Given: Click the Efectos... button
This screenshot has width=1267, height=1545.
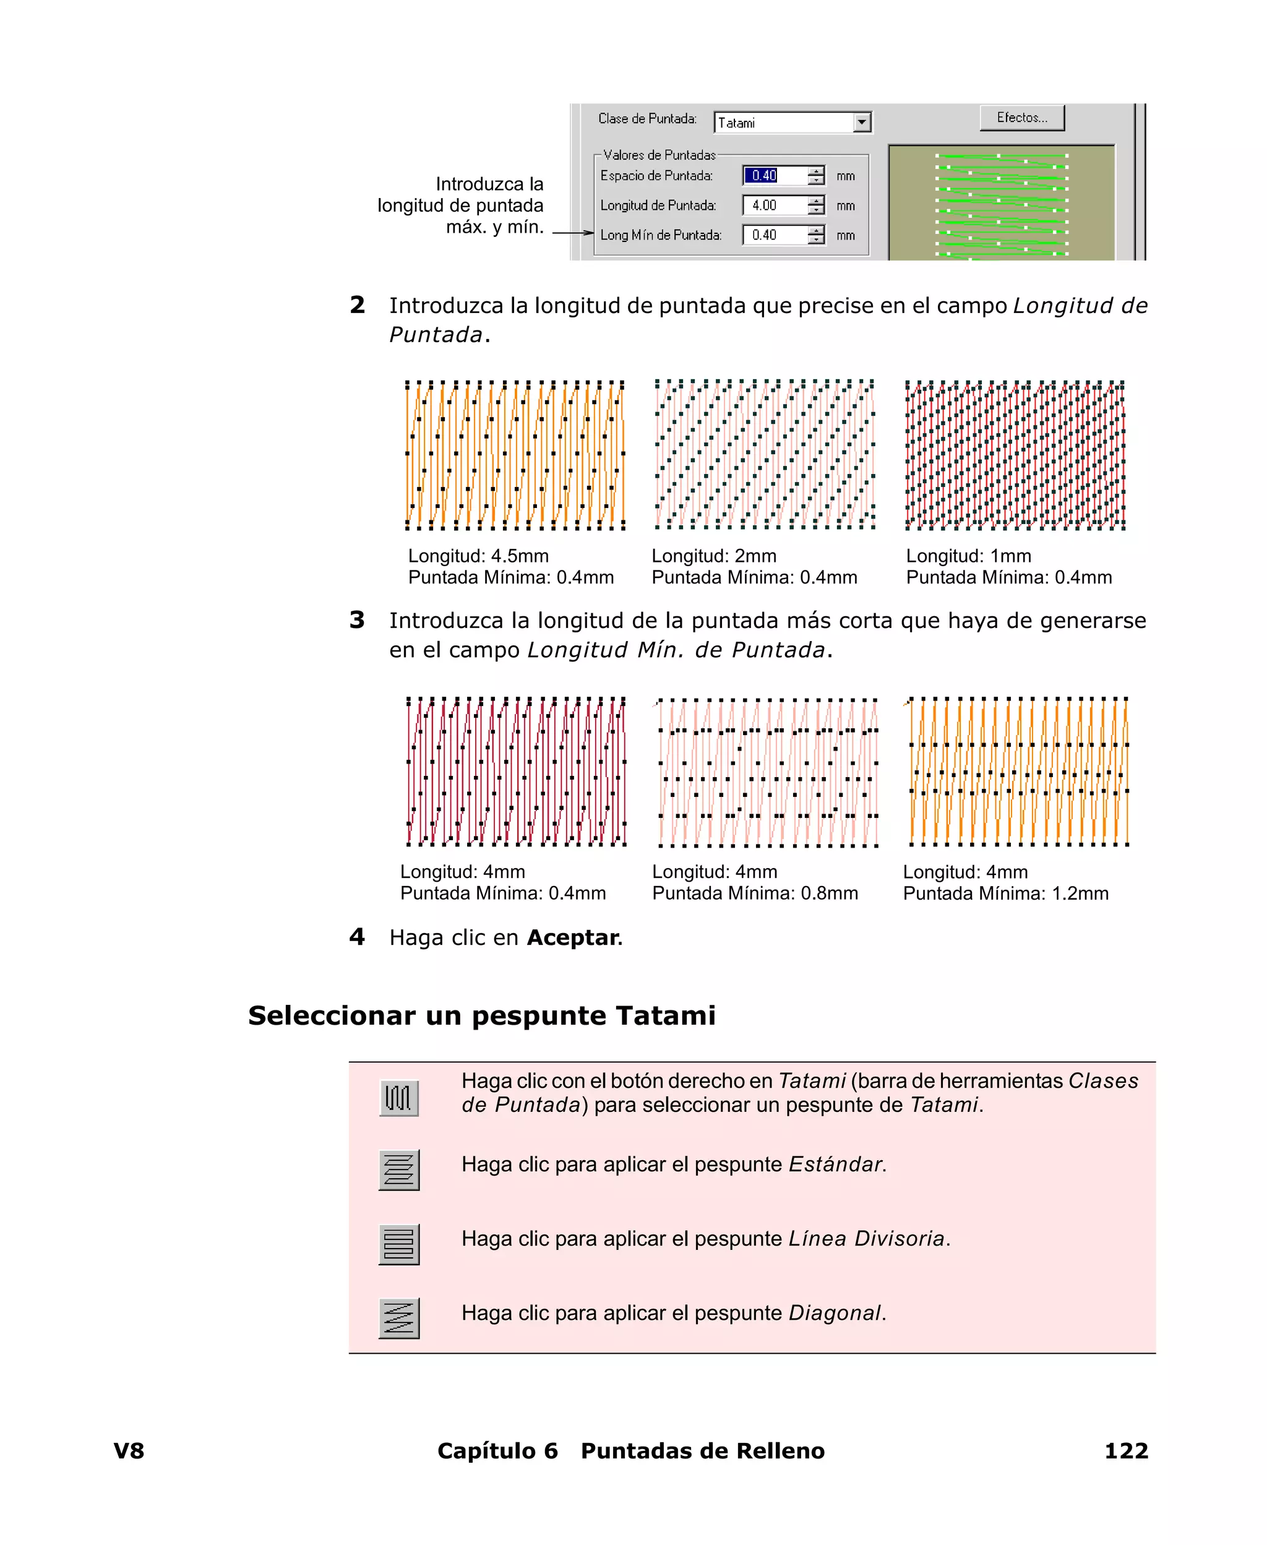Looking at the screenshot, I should [1022, 118].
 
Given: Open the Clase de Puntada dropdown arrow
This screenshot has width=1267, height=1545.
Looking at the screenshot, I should [862, 122].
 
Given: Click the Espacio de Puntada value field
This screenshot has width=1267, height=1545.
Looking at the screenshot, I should [775, 175].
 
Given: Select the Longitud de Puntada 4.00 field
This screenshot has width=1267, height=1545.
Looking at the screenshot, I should [775, 205].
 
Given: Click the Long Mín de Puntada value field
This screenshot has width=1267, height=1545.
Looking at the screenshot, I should [775, 235].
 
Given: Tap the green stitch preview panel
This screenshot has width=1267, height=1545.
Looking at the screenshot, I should [1002, 203].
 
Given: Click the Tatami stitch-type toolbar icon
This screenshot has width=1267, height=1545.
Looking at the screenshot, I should [398, 1098].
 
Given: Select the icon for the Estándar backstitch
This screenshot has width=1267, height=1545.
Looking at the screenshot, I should [398, 1170].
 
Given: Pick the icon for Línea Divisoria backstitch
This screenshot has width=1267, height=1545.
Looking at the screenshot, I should [398, 1244].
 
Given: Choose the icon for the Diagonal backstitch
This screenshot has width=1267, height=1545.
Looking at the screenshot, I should [398, 1318].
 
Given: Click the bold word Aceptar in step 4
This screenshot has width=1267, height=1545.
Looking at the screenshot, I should [573, 937].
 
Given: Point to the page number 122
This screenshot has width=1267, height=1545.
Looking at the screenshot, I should [1126, 1450].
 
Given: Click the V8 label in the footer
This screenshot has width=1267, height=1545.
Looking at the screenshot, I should [129, 1450].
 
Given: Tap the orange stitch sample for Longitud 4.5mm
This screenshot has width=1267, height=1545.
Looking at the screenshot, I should [515, 455].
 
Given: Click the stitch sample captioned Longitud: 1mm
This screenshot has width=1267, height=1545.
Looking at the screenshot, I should [1015, 455].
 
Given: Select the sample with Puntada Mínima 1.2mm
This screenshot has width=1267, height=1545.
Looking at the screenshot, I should [1018, 772].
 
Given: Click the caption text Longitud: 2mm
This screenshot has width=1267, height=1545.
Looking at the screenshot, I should [714, 556].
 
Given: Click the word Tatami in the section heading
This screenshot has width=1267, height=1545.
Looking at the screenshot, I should [665, 1015].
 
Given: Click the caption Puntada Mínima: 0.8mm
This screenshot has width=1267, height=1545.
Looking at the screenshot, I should [755, 893].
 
